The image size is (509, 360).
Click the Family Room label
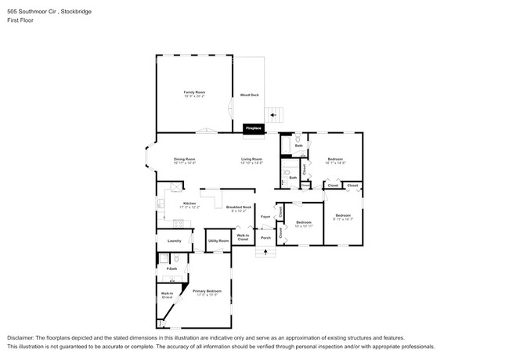[x=194, y=92]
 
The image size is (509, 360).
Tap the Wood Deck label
[x=249, y=95]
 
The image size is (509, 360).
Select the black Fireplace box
[x=253, y=128]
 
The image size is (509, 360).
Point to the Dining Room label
[x=184, y=160]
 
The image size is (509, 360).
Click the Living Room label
[x=251, y=160]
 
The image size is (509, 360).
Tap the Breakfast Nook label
[x=238, y=207]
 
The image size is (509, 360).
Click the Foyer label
[x=265, y=215]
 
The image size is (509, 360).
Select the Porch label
[x=265, y=237]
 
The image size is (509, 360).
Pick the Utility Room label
[x=218, y=240]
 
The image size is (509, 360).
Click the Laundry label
[x=174, y=240]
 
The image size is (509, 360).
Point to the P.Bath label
[x=171, y=269]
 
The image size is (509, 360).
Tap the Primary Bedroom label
[x=207, y=291]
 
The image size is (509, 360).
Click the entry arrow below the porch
[x=266, y=252]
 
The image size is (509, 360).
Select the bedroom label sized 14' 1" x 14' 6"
[x=335, y=160]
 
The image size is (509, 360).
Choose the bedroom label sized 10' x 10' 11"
[x=304, y=223]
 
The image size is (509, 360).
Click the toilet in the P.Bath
[x=176, y=258]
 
